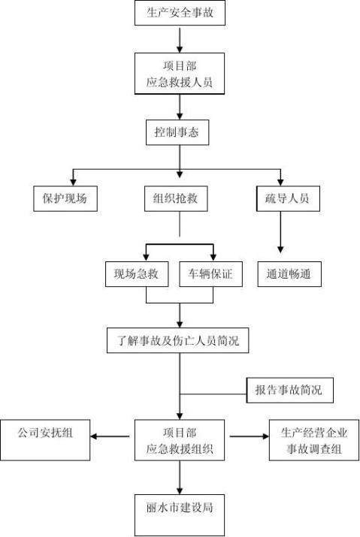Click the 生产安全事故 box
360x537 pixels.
click(180, 13)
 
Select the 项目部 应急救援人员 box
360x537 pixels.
click(180, 74)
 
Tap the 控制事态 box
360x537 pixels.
click(177, 132)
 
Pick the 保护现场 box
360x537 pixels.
click(65, 198)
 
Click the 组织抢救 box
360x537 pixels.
click(176, 198)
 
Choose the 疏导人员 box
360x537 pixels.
click(288, 198)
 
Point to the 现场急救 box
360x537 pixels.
click(137, 274)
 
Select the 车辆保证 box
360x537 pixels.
click(211, 274)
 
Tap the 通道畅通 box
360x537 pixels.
click(289, 274)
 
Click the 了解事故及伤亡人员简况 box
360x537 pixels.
click(177, 340)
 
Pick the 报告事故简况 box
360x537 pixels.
click(289, 390)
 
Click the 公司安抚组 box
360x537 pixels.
click(45, 440)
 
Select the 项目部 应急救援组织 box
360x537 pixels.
click(180, 440)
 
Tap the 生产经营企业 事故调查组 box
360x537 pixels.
click(314, 440)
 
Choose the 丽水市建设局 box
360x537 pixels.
click(180, 515)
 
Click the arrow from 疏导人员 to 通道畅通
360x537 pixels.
click(280, 232)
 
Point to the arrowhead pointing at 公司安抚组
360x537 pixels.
click(94, 436)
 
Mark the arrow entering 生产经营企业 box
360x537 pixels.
click(250, 436)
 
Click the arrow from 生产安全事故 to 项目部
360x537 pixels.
click(180, 39)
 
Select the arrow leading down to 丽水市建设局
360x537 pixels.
click(180, 478)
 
